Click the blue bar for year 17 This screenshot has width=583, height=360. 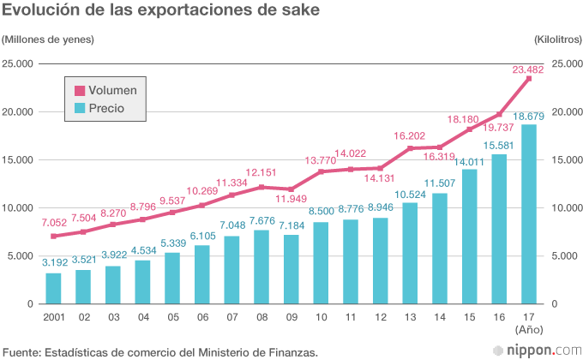(x=529, y=214)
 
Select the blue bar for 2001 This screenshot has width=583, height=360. (x=53, y=288)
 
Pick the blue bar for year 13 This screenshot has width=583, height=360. (x=411, y=253)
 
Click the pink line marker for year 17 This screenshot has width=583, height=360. (x=529, y=79)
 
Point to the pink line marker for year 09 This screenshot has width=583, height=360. (x=291, y=189)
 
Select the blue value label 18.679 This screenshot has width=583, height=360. (x=529, y=116)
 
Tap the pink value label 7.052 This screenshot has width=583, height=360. (x=53, y=222)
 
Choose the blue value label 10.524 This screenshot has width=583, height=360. (x=411, y=194)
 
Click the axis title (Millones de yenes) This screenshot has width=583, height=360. (x=48, y=39)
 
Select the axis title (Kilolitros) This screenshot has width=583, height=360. (x=556, y=39)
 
